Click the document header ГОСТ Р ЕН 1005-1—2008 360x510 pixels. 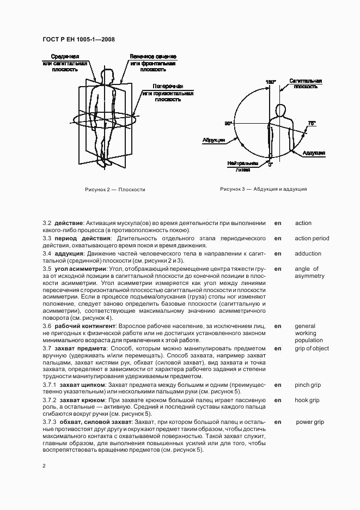pos(77,39)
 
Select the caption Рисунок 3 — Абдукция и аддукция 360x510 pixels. pos(263,189)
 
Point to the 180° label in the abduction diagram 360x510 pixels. pos(270,82)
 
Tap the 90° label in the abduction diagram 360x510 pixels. pos(228,124)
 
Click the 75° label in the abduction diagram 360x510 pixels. pos(311,124)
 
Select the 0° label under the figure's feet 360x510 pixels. pos(270,163)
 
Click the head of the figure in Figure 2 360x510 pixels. pos(107,74)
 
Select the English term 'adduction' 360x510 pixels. pos(308,253)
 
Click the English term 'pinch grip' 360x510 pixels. pos(308,385)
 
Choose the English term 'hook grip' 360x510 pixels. pos(307,400)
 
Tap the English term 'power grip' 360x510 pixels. pos(310,422)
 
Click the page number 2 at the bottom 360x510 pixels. pos(44,466)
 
